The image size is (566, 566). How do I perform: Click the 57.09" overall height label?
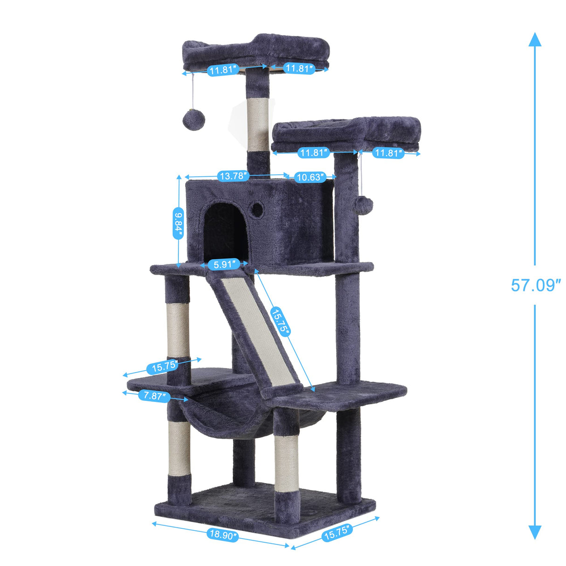coord(535,285)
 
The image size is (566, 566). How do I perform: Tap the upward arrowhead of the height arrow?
coord(535,40)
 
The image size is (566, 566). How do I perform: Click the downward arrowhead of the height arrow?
coord(535,531)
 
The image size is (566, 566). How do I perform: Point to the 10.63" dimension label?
coord(309,177)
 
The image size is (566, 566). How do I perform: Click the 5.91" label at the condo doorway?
coord(224,265)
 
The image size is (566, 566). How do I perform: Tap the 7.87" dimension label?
coord(154,396)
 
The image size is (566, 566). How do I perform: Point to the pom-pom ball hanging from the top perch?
coord(193,118)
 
